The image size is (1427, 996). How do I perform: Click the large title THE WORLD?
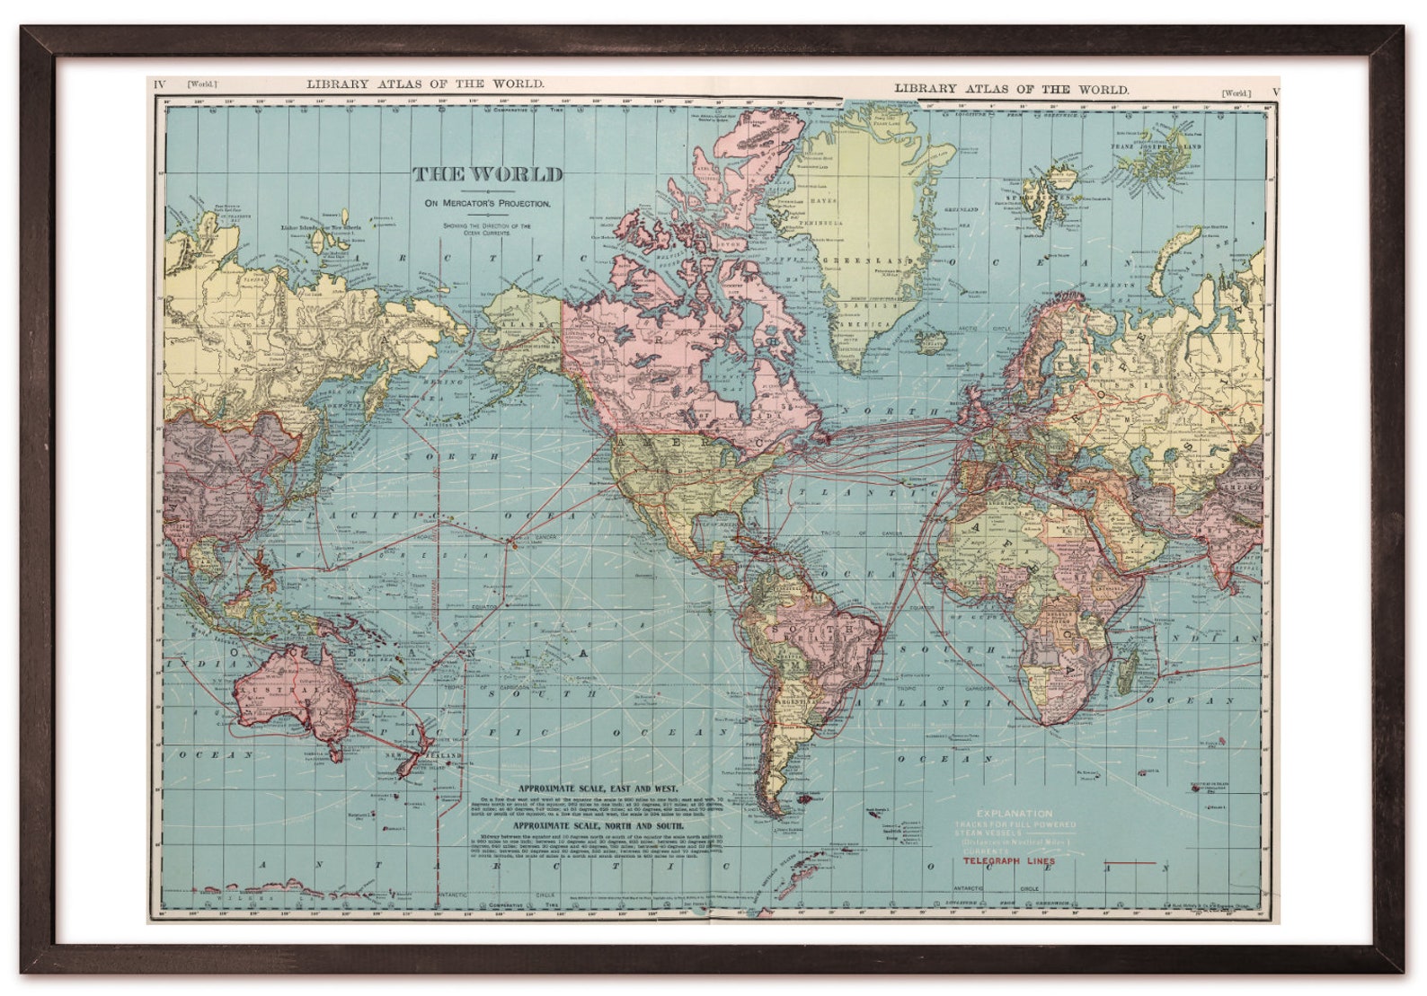click(488, 174)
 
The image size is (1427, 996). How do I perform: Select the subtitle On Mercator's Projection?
click(488, 203)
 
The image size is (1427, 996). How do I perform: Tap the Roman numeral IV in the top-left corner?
click(160, 84)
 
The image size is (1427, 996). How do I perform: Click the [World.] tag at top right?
click(1236, 93)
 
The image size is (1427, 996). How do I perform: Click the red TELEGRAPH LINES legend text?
click(1009, 861)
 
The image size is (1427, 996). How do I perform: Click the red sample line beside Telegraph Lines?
click(1135, 863)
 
